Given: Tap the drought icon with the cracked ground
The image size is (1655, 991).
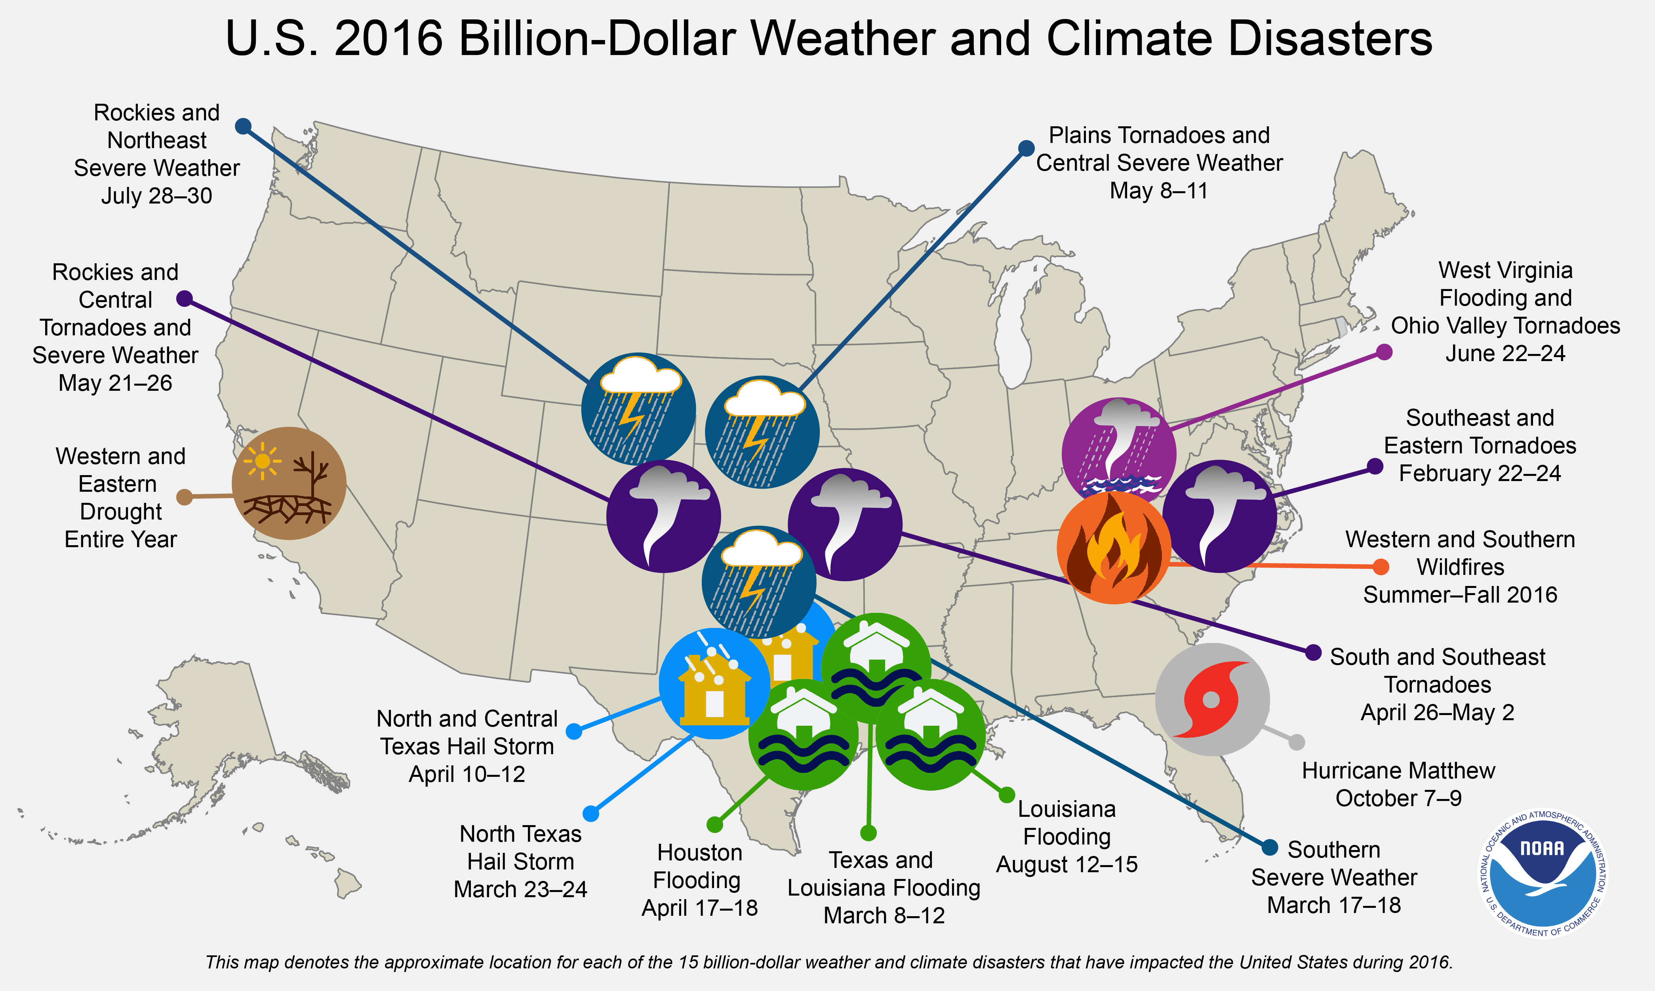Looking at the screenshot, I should [x=289, y=483].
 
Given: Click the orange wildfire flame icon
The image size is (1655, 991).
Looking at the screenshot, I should [x=1113, y=548].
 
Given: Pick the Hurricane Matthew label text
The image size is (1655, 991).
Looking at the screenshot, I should [x=1398, y=784].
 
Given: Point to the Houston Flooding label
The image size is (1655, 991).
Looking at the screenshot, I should [x=699, y=880].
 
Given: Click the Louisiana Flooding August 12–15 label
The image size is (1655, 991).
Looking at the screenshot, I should [x=1067, y=837].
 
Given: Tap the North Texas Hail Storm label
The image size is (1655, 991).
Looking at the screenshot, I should [x=520, y=862].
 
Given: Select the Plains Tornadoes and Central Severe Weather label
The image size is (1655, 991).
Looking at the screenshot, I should [x=1159, y=163].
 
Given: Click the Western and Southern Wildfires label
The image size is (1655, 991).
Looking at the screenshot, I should [x=1460, y=567].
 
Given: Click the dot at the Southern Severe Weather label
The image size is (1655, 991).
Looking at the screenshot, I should [x=1270, y=847].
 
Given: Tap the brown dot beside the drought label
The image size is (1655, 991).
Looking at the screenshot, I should [x=184, y=497].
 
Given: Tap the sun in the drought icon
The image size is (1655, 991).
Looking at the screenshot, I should [x=263, y=461].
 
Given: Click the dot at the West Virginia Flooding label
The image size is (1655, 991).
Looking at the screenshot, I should [x=1385, y=352].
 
